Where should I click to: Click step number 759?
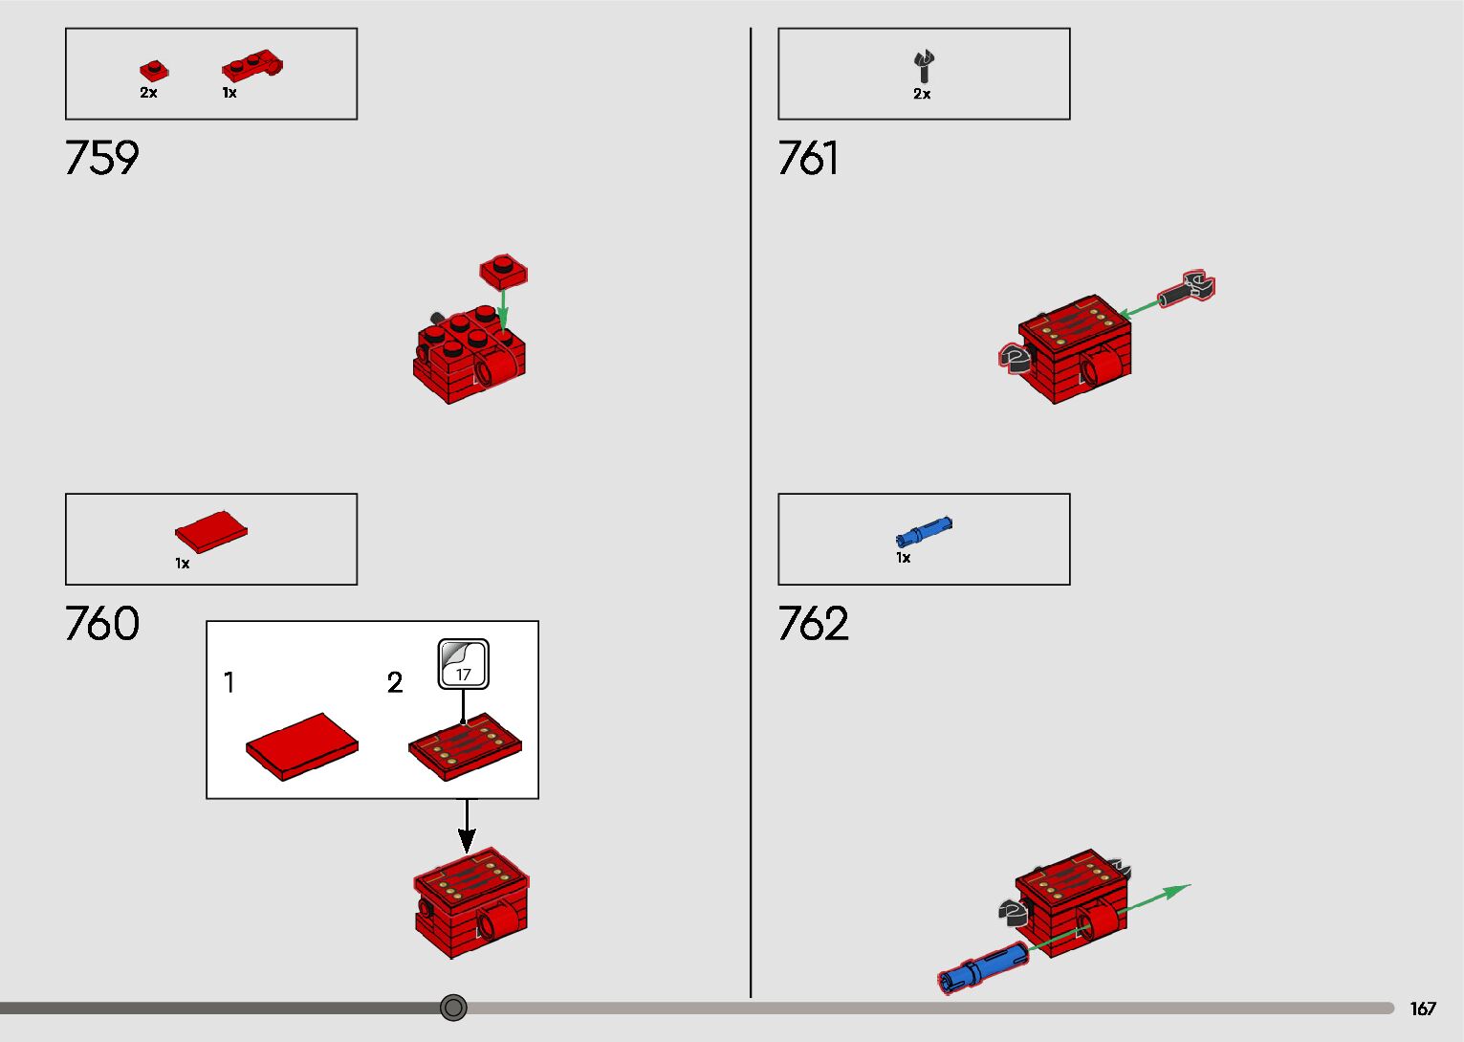tap(101, 158)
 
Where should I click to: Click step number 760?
tap(101, 624)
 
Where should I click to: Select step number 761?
tap(808, 158)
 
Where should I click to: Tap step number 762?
tap(813, 624)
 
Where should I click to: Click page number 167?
tap(1423, 1009)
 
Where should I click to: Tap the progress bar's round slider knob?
tap(453, 1008)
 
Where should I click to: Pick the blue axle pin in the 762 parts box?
tap(924, 532)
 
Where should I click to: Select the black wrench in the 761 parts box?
tap(923, 66)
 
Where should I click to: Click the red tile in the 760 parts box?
tap(211, 531)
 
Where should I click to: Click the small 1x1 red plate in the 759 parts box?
tap(153, 71)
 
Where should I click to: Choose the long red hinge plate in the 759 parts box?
tap(252, 66)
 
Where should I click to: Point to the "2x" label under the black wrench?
tap(922, 94)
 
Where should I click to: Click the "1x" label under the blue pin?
tap(903, 558)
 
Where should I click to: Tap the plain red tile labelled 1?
tap(301, 745)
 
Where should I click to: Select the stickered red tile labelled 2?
tap(466, 745)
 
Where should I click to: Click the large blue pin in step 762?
tap(983, 964)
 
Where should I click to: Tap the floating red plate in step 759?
tap(504, 272)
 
